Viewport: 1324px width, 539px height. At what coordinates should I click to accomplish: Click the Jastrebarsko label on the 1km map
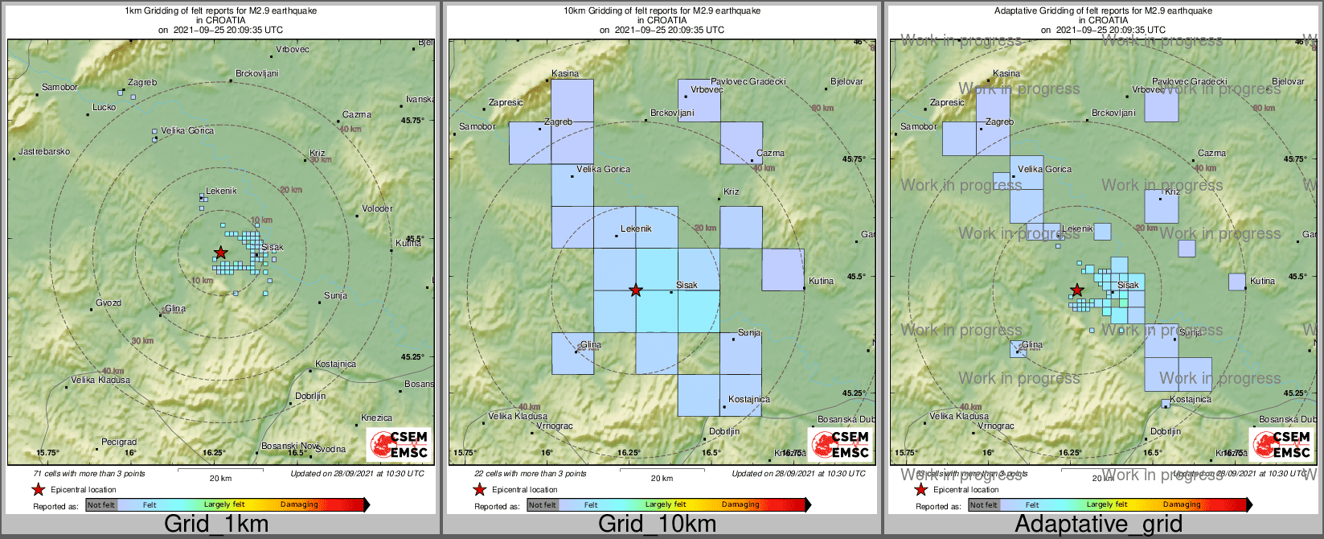point(44,151)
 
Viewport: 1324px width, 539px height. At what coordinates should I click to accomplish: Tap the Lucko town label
point(104,107)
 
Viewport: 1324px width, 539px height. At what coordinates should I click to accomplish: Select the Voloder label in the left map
point(377,208)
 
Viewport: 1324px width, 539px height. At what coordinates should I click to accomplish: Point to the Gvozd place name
point(109,302)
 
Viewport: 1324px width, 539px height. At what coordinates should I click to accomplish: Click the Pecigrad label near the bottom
point(119,442)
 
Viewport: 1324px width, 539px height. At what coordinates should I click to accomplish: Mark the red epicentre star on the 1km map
point(220,253)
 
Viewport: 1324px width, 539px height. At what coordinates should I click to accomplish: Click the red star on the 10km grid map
point(636,290)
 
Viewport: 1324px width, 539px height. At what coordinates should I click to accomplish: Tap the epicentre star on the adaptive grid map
point(1076,290)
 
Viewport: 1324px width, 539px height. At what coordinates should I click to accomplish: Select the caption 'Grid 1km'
point(216,525)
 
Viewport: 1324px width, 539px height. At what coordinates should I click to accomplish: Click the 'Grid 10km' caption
point(657,525)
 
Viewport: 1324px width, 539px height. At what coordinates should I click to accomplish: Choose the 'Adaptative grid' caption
point(1098,525)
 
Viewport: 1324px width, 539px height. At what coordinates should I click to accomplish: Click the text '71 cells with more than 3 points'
point(89,474)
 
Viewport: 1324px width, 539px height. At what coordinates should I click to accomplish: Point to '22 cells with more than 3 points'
point(531,474)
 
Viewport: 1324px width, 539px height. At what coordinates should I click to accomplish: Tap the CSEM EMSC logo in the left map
point(400,445)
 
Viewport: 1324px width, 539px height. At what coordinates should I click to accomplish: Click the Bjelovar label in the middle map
point(846,81)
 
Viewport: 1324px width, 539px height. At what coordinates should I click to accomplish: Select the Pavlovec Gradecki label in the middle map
point(748,81)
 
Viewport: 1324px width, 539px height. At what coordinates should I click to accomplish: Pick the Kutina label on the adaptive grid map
point(1262,281)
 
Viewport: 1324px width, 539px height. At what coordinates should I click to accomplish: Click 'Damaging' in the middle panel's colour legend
point(740,504)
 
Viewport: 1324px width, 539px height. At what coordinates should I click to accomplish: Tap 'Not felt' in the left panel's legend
point(101,504)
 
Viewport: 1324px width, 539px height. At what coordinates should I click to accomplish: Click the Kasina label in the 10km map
point(565,73)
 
